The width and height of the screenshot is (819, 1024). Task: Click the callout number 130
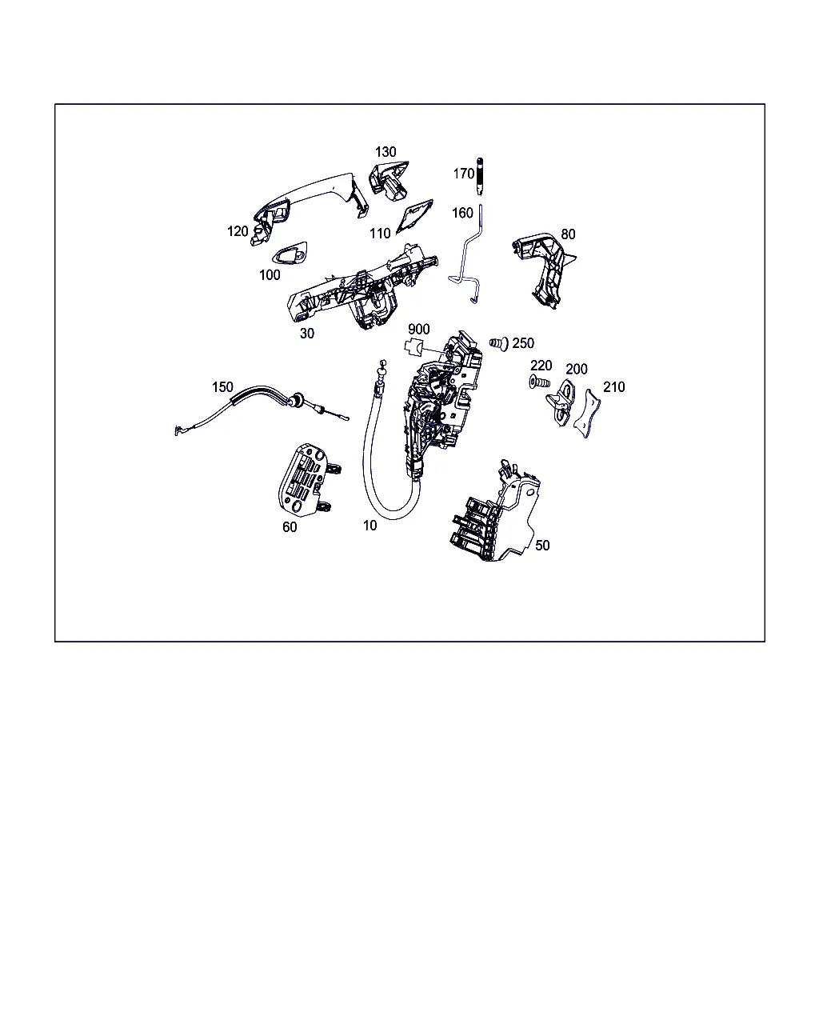pos(385,152)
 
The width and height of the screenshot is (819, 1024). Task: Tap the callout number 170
pos(463,174)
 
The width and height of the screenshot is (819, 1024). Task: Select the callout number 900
pos(418,329)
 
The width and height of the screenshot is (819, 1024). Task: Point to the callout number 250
pos(522,343)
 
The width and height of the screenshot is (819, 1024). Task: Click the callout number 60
pos(290,526)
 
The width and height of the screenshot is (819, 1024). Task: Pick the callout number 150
pos(222,387)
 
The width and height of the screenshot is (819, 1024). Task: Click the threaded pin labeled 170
pos(480,177)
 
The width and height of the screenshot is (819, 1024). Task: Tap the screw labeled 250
pos(499,343)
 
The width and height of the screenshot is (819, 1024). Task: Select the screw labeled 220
pos(539,382)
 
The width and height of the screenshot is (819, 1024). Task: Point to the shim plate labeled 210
pos(587,413)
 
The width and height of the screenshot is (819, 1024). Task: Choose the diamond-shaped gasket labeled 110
pos(414,217)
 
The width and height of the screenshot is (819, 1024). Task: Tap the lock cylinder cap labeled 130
pos(389,181)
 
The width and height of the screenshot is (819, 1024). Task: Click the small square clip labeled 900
pos(413,347)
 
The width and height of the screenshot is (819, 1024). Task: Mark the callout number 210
pos(613,387)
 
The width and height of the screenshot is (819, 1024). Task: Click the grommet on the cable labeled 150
pos(298,400)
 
